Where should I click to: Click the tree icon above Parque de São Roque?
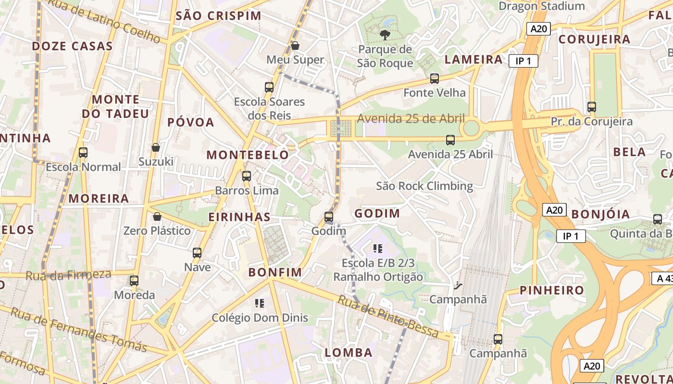385,34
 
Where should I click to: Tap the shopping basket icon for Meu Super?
295,46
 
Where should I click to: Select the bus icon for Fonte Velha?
435,78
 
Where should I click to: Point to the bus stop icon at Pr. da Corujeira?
592,107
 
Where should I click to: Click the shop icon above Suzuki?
156,147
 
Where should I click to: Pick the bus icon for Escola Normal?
83,153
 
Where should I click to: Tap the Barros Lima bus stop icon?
247,176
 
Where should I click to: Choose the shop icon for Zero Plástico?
157,216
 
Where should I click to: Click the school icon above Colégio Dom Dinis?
260,303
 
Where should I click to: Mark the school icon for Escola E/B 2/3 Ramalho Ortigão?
378,248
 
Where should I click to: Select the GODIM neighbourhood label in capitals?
377,214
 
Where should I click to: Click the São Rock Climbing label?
424,186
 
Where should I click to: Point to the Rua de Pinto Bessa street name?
388,316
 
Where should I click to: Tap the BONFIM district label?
275,272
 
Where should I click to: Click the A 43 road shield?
663,278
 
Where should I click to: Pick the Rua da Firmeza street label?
68,275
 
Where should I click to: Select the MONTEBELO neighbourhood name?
248,155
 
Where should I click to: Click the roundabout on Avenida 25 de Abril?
471,128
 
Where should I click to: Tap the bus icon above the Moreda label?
134,281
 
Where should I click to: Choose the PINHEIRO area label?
552,290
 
